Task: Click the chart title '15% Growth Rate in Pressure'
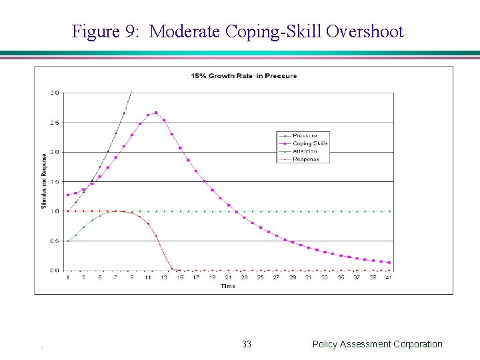point(244,76)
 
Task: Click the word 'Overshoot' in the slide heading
point(365,31)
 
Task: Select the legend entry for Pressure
point(304,136)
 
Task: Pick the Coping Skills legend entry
point(310,143)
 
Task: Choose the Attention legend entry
point(305,151)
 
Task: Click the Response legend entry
point(306,159)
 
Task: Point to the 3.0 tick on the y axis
point(55,92)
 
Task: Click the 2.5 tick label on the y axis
point(55,123)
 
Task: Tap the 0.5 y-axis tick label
point(55,241)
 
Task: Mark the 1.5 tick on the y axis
point(55,181)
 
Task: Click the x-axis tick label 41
point(389,277)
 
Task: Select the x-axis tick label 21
point(228,277)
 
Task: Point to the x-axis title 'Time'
point(228,286)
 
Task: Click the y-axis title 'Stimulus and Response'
point(44,181)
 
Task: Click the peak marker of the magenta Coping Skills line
point(156,113)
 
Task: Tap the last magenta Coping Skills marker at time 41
point(389,263)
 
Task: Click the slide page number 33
point(247,344)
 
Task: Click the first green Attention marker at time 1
point(68,241)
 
